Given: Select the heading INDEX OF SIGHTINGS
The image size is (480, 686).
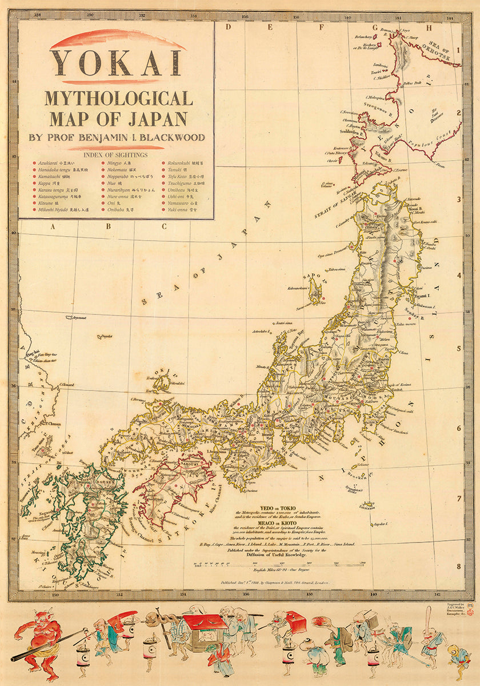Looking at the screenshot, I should pos(115,154).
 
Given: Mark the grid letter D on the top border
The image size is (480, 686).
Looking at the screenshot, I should pos(227,26).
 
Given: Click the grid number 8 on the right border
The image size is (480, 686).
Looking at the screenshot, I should pos(458,566).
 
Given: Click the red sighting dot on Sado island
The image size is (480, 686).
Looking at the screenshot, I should pos(323,298).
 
